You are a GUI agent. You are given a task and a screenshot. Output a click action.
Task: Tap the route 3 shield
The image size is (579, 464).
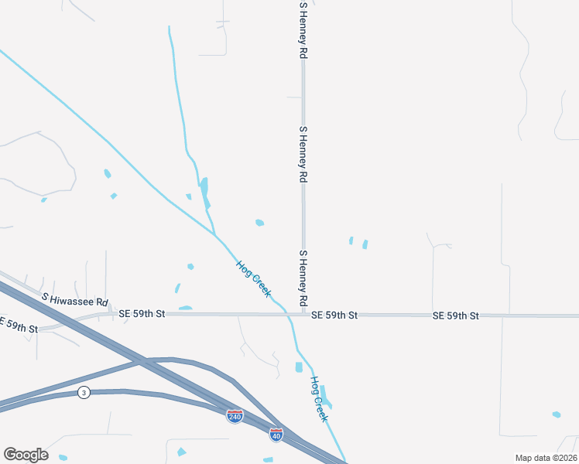(84, 393)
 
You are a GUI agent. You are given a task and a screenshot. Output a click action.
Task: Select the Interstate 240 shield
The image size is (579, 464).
(235, 416)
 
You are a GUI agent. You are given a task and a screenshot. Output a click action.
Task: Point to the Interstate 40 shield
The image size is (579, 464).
(276, 435)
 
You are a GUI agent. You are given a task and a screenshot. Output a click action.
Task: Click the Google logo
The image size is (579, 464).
(26, 455)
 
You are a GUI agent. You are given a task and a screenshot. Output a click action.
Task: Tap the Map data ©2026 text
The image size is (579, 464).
(546, 458)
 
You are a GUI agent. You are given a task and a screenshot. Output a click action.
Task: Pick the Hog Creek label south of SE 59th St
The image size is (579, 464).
(319, 398)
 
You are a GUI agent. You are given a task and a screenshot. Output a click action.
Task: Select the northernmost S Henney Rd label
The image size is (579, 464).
(303, 31)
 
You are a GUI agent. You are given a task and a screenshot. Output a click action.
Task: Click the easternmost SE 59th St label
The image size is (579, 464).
(456, 316)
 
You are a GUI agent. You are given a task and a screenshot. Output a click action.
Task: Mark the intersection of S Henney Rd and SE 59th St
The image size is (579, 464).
(303, 315)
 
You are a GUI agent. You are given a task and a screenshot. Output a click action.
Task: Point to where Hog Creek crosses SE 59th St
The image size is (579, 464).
(287, 315)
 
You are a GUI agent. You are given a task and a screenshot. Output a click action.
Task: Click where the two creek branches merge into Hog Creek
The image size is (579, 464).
(215, 233)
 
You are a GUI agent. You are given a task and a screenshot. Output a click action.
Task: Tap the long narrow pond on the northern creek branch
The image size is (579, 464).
(204, 191)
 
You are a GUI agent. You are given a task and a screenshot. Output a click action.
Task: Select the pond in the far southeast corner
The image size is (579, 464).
(557, 415)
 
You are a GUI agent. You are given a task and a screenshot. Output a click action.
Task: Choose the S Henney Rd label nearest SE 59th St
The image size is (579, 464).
(303, 277)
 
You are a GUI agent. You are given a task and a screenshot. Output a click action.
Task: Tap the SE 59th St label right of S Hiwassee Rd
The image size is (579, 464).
(142, 314)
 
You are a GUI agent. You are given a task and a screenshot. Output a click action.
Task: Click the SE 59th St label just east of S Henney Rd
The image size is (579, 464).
(334, 316)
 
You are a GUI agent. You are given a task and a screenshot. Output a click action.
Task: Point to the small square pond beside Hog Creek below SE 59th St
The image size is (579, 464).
(299, 367)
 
